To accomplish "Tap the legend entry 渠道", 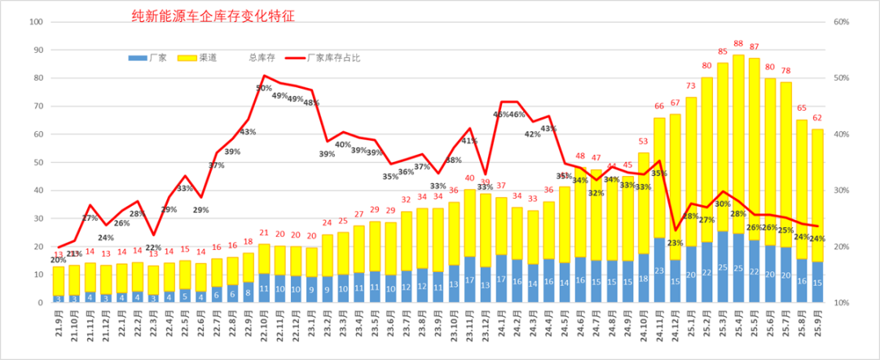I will (207, 59).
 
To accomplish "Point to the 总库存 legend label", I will (262, 59).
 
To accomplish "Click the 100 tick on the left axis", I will (34, 22).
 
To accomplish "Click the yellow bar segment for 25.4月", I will (738, 138).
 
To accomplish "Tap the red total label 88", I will (738, 44).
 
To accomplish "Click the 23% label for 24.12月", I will (675, 243).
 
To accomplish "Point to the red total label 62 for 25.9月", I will (816, 117).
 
